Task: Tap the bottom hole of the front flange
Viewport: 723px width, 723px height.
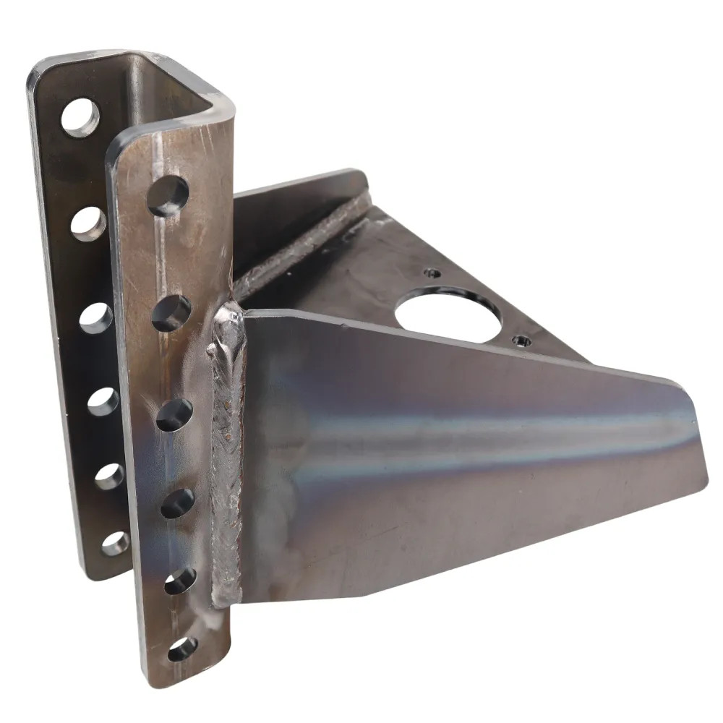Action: pyautogui.click(x=181, y=649)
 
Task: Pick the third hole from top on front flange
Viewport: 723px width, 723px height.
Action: pyautogui.click(x=174, y=415)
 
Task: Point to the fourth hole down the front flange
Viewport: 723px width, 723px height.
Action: pyautogui.click(x=177, y=503)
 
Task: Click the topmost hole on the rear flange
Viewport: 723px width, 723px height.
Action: pyautogui.click(x=79, y=116)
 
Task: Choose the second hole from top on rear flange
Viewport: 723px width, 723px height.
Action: pyautogui.click(x=87, y=222)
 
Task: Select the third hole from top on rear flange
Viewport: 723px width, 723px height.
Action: pyautogui.click(x=95, y=318)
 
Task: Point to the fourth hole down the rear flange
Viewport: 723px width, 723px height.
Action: pyautogui.click(x=103, y=402)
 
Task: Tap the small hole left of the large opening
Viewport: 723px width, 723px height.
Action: pyautogui.click(x=432, y=273)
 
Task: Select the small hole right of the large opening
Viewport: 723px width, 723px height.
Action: pyautogui.click(x=521, y=340)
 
